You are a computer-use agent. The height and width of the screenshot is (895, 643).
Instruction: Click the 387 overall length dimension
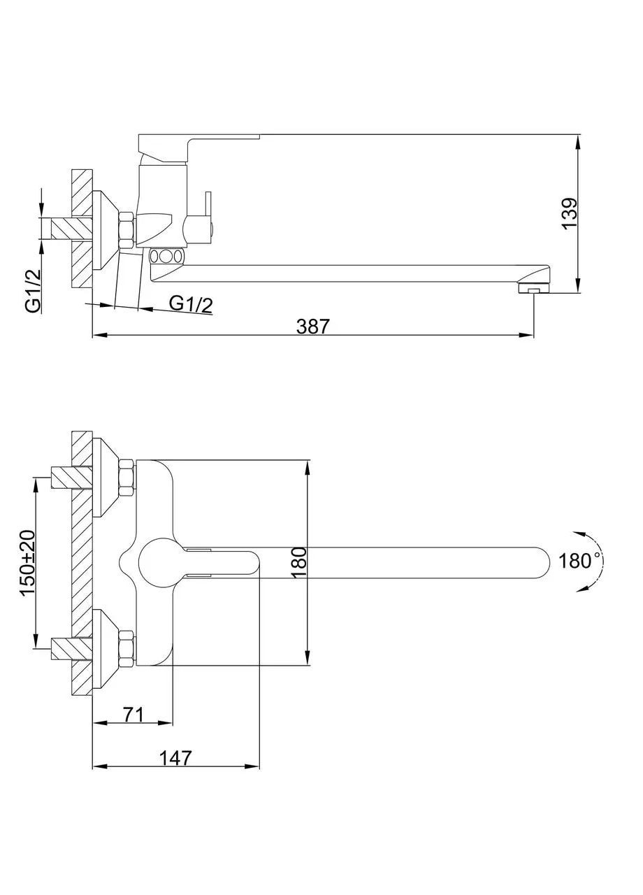point(313,327)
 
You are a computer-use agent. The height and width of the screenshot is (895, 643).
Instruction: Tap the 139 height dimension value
point(570,214)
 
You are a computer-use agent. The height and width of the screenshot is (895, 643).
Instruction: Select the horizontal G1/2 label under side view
point(191,304)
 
